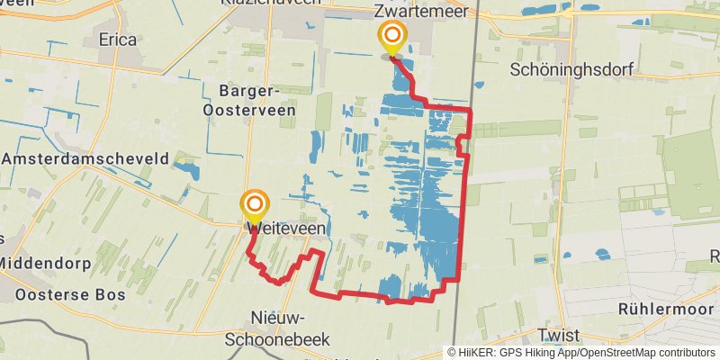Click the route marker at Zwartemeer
tap(392, 38)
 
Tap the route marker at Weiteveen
tap(255, 205)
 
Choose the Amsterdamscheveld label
tap(85, 158)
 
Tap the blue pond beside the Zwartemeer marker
tap(400, 65)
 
